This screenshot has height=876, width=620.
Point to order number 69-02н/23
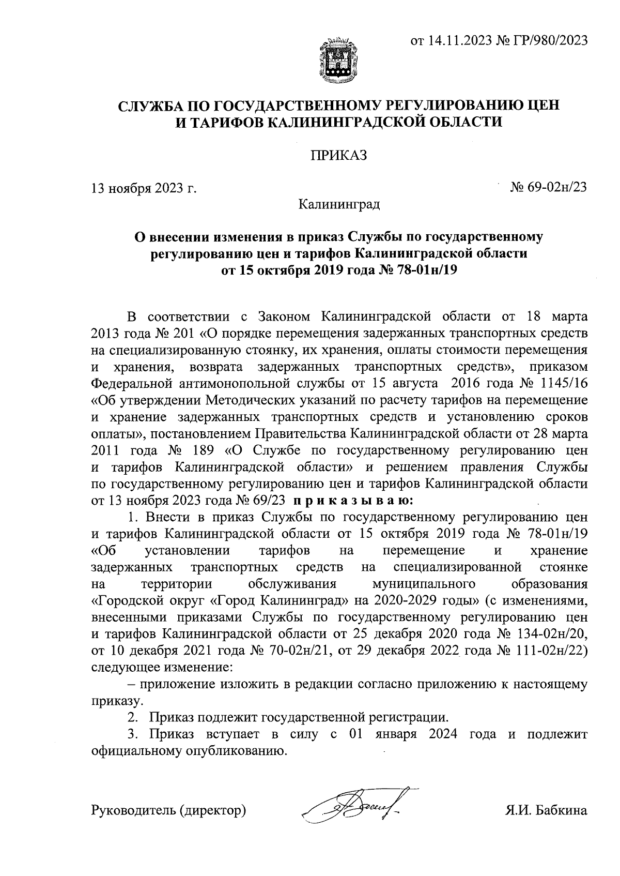557,187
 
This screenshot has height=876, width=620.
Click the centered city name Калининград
339,204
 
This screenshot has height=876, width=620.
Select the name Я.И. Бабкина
546,810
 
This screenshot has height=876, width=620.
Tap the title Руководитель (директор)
168,810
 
